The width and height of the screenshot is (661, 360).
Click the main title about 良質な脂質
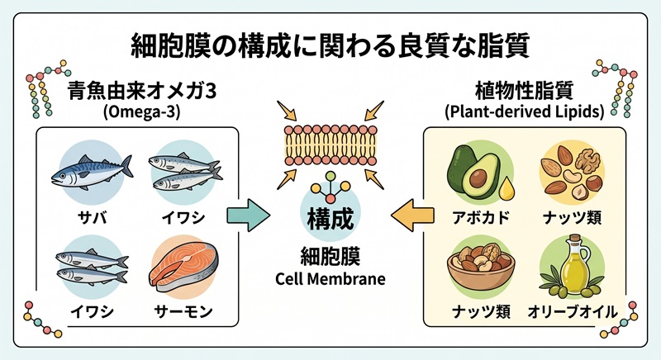(x=330, y=46)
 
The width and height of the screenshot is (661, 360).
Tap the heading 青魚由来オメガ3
(x=142, y=92)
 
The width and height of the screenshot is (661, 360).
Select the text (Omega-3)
(x=141, y=112)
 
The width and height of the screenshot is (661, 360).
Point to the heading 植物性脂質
(x=524, y=90)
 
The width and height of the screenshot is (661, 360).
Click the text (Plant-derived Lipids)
(x=524, y=111)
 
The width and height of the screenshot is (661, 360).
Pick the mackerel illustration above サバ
(x=92, y=171)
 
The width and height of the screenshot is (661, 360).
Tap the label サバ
(x=92, y=218)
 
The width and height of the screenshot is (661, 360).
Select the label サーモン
(x=183, y=312)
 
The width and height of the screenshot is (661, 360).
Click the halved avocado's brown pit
(x=478, y=178)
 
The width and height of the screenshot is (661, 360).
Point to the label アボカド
(x=481, y=218)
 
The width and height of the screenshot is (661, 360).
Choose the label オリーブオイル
(x=573, y=312)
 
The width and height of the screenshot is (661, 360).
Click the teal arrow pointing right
(x=249, y=216)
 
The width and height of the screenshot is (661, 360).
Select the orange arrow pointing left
(x=412, y=216)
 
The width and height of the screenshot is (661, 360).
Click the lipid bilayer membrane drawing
(x=330, y=144)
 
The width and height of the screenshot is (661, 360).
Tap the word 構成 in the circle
(x=330, y=219)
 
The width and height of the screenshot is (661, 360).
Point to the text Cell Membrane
(x=330, y=279)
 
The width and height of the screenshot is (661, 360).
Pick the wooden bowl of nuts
(x=481, y=266)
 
